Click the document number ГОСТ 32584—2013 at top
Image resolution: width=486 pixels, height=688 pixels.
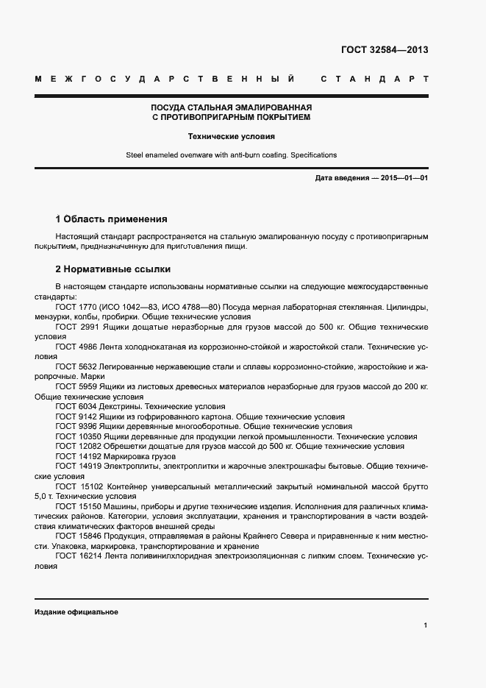pyautogui.click(x=384, y=51)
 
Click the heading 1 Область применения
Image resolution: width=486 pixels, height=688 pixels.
pyautogui.click(x=111, y=219)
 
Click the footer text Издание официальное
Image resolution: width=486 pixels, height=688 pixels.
pyautogui.click(x=76, y=612)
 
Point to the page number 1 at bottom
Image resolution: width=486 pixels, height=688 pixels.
pyautogui.click(x=425, y=625)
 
